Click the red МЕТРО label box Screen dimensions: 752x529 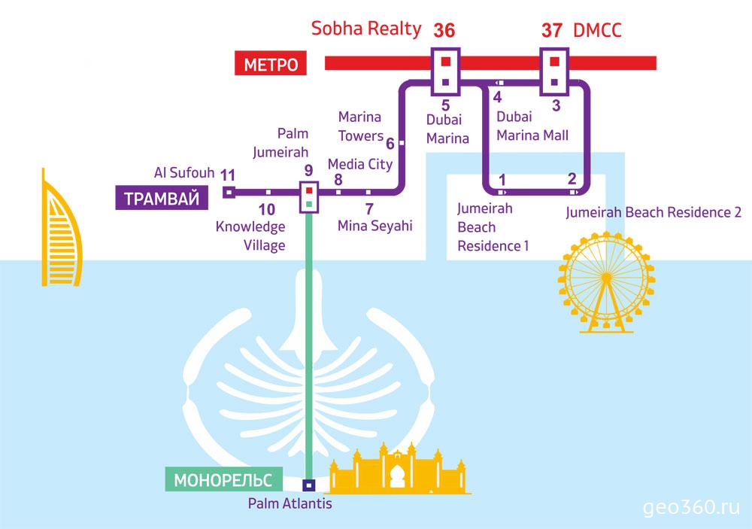(x=271, y=64)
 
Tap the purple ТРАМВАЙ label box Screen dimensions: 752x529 (x=162, y=198)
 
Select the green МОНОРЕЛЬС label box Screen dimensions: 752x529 (x=223, y=479)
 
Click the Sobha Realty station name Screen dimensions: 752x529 (x=366, y=29)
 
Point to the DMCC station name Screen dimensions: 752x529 (x=597, y=30)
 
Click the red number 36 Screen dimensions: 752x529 (x=444, y=31)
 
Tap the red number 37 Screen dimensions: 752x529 (x=551, y=31)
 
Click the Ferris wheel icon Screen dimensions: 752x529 (x=606, y=282)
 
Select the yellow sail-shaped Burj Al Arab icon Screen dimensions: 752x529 (x=60, y=230)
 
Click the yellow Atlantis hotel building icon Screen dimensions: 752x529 (x=397, y=469)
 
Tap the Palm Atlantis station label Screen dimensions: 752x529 (x=290, y=503)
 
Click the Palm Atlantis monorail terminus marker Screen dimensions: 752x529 (x=309, y=485)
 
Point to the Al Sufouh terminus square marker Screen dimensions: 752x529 (x=229, y=193)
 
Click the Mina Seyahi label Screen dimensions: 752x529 (x=374, y=226)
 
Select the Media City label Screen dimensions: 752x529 (x=360, y=165)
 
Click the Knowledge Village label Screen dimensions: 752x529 (x=250, y=236)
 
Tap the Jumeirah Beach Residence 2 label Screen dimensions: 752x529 (x=653, y=212)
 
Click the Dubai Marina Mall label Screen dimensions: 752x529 (x=532, y=126)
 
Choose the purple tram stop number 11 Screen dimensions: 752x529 (x=228, y=175)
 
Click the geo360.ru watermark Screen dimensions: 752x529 (x=691, y=507)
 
